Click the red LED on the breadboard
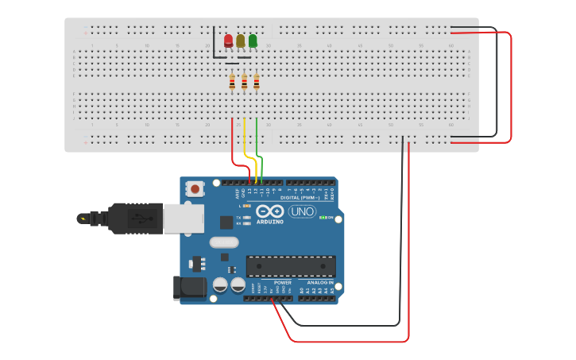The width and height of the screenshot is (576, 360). coord(229,41)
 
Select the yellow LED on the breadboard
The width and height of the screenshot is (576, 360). coord(241,41)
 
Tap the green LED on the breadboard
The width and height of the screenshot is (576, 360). coord(253,41)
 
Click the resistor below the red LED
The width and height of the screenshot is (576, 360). coord(232,82)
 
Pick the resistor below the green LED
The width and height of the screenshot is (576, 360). coord(256,82)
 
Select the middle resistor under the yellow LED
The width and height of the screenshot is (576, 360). coord(244,82)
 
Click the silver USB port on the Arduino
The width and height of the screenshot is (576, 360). coord(184,218)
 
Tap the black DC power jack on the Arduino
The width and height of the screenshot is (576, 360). coord(189,287)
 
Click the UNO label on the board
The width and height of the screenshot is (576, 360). coord(301,211)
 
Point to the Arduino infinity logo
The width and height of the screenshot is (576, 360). coord(270,211)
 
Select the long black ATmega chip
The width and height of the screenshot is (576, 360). coord(291,266)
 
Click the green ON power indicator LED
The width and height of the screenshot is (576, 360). coord(322,217)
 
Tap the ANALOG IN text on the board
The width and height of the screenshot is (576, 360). coord(320,282)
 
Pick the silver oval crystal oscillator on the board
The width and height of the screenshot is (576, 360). coord(223,242)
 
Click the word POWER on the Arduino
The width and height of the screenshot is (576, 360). coord(282,282)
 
